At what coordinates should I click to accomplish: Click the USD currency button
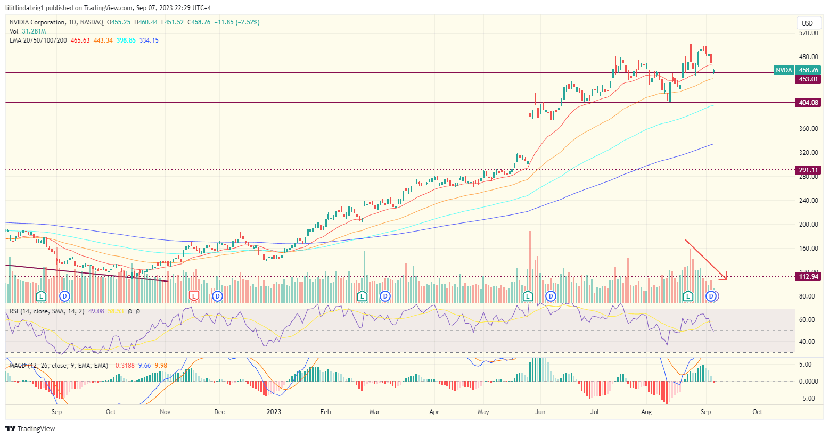click(807, 23)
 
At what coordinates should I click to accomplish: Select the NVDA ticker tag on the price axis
click(783, 70)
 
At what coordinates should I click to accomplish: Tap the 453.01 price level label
click(808, 79)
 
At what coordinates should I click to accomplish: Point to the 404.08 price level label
click(808, 103)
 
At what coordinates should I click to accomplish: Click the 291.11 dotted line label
click(808, 170)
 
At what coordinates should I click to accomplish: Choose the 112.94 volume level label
click(808, 276)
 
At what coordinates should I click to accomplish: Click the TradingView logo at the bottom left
click(30, 428)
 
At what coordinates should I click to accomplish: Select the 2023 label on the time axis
click(274, 412)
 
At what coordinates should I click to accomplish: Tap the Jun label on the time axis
click(540, 412)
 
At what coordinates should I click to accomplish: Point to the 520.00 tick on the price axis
click(808, 33)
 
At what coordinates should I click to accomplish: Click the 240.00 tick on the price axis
click(808, 201)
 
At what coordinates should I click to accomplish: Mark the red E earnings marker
click(194, 295)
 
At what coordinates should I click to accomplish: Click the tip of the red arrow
click(726, 278)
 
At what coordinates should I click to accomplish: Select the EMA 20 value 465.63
click(80, 40)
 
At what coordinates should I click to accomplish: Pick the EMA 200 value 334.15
click(149, 40)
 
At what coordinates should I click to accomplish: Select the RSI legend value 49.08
click(96, 311)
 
